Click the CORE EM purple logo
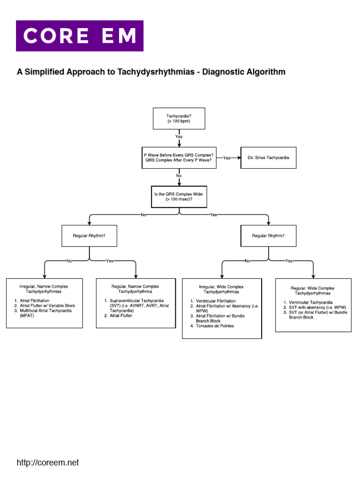pos(80,36)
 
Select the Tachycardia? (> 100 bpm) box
pos(179,118)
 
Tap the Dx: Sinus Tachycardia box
pos(268,158)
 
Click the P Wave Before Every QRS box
pos(179,158)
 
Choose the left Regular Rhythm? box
pos(89,235)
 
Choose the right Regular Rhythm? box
pos(268,235)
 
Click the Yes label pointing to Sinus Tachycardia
pos(227,158)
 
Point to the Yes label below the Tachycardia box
pos(179,136)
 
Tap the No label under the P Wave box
pos(179,175)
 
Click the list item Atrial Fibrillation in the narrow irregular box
pos(34,300)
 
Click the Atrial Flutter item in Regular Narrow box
pos(121,316)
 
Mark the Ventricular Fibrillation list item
pos(216,301)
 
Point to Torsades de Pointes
pos(215,326)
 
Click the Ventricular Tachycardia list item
pos(311,302)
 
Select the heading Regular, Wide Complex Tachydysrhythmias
pos(313,291)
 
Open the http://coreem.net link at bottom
pos(48,463)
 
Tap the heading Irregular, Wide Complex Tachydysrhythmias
pos(222,289)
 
